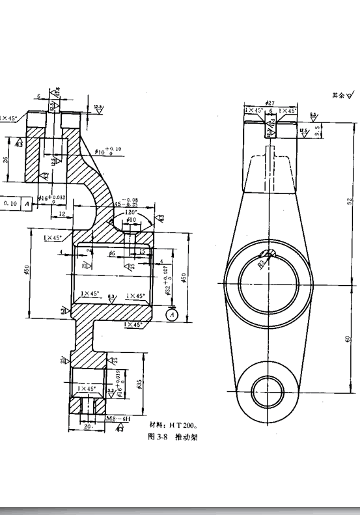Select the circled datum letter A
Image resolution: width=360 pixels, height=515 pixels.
pyautogui.click(x=172, y=314)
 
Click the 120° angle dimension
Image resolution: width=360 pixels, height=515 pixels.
pyautogui.click(x=132, y=212)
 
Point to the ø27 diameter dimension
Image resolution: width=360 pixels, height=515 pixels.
pyautogui.click(x=271, y=103)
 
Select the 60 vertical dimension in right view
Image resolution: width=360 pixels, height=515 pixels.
pyautogui.click(x=349, y=338)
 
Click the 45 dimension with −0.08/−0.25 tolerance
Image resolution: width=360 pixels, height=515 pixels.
pyautogui.click(x=128, y=202)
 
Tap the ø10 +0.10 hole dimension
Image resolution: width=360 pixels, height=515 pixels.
pyautogui.click(x=107, y=152)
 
